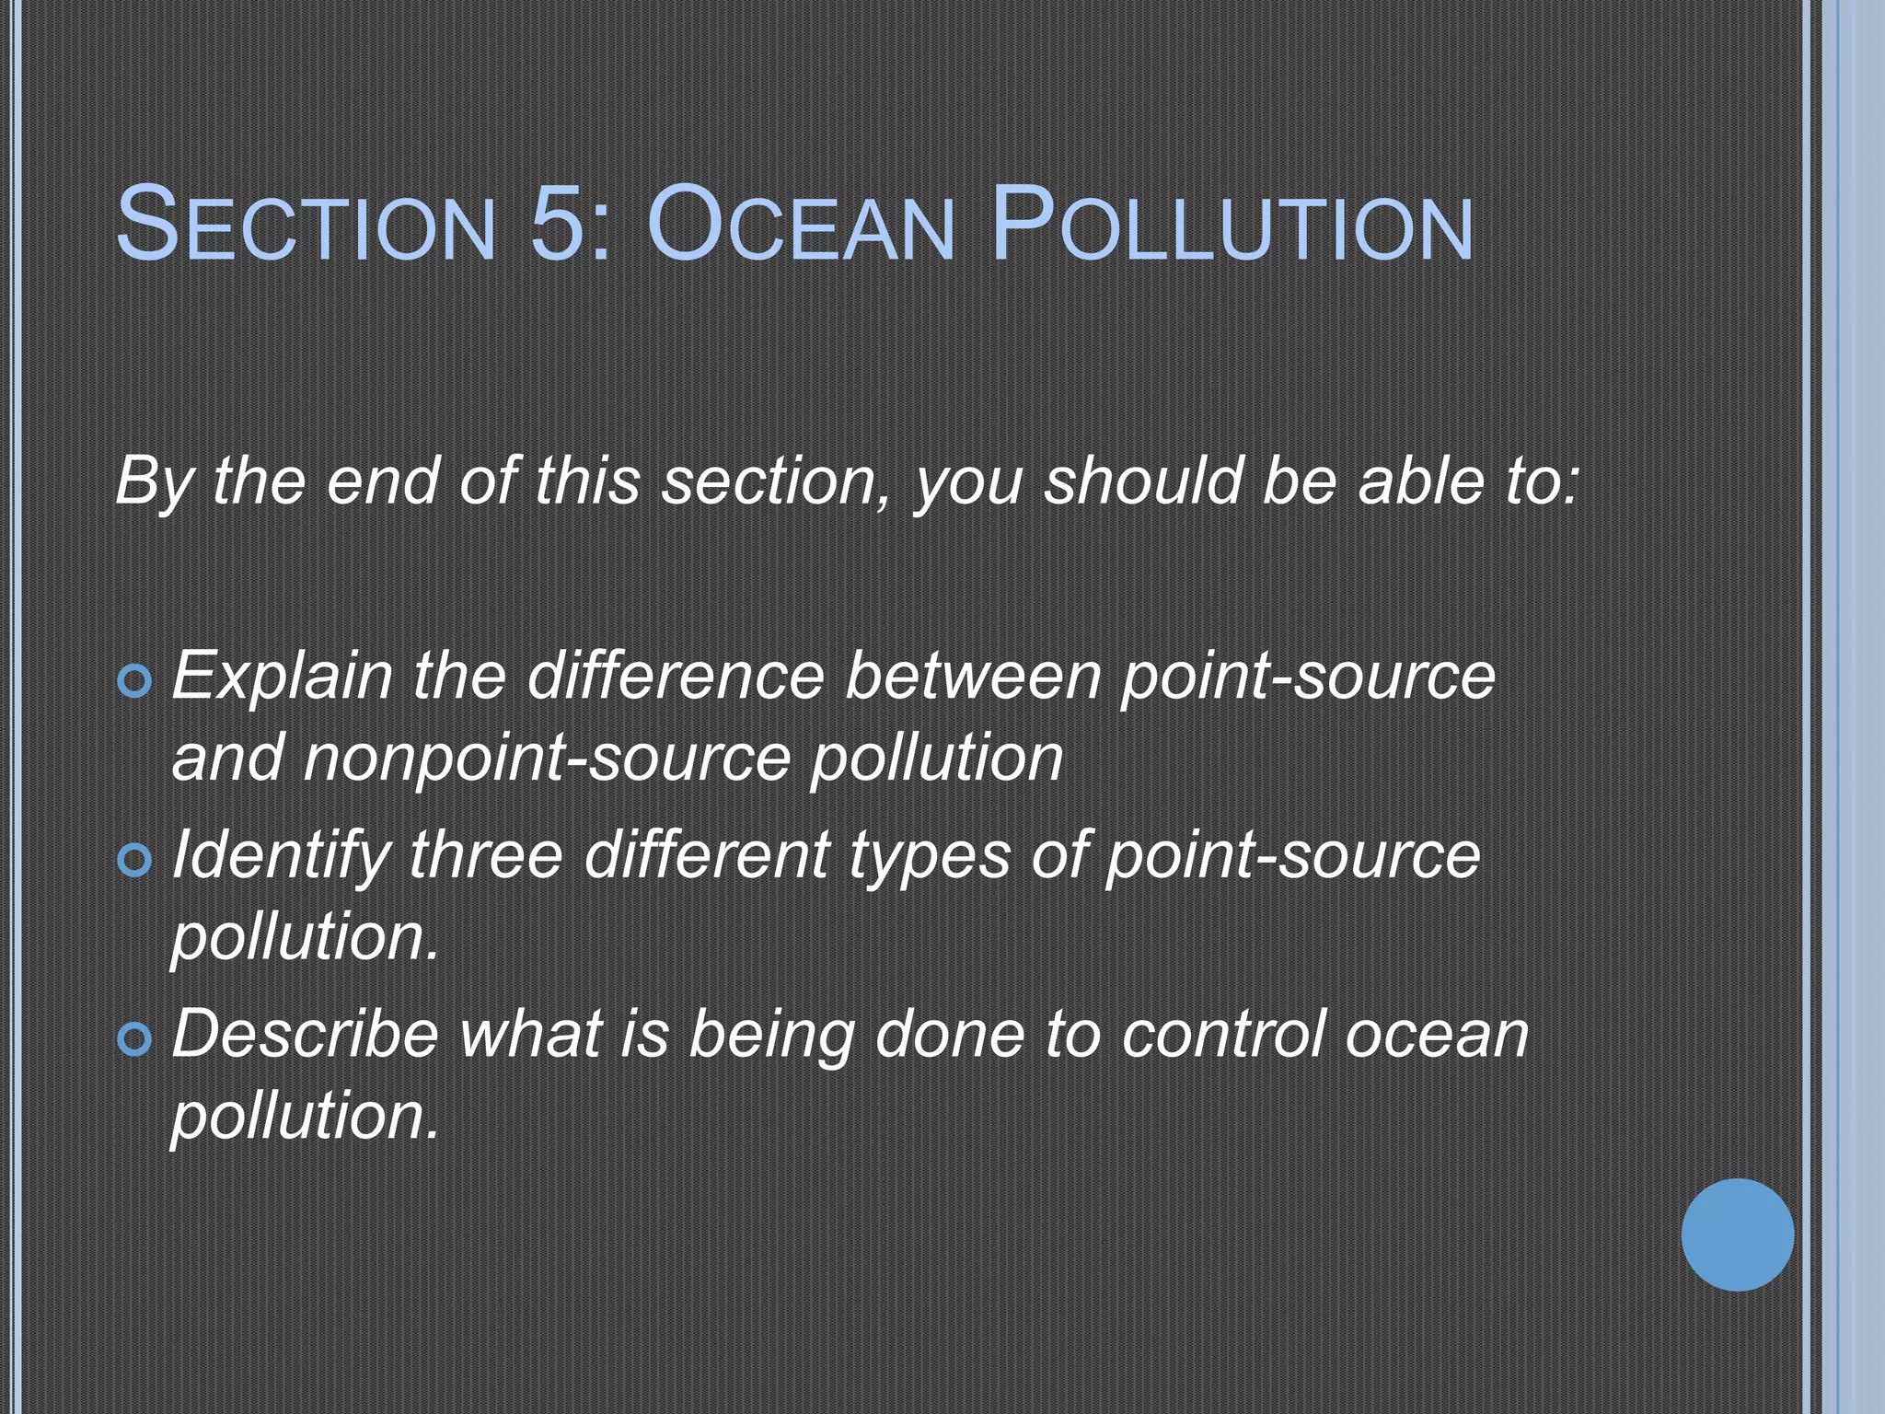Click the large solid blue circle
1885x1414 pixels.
pos(1737,1234)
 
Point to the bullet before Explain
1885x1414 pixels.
pos(135,682)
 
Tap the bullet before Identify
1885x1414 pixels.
pos(135,861)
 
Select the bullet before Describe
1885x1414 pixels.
pos(135,1039)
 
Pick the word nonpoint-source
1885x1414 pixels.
pos(547,759)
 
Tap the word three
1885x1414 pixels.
pos(485,854)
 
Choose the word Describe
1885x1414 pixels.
pos(305,1034)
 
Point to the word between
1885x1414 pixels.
pos(973,676)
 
